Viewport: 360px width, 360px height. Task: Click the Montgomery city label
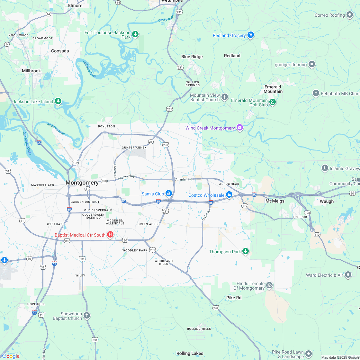(82, 183)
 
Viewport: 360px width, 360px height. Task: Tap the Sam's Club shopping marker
(168, 193)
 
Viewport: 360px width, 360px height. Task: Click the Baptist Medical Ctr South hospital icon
(110, 235)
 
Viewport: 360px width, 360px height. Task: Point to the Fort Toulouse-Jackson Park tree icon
(135, 34)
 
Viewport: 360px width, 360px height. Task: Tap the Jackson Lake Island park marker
(58, 101)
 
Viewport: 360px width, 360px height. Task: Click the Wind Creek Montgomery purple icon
(239, 128)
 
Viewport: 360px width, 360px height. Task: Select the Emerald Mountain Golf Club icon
(273, 102)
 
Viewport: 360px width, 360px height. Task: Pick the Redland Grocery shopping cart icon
(251, 35)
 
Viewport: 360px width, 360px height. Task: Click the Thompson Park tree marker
(246, 251)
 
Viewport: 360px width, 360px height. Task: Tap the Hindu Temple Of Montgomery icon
(269, 285)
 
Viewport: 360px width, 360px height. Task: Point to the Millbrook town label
(32, 70)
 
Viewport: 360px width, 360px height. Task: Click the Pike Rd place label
(234, 298)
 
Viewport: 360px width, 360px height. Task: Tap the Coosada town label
(60, 51)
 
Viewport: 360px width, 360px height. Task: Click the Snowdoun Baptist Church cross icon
(87, 315)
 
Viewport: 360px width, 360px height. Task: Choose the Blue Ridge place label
(192, 57)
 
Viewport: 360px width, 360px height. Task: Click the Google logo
(11, 356)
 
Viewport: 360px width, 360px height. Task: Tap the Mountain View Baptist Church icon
(225, 96)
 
